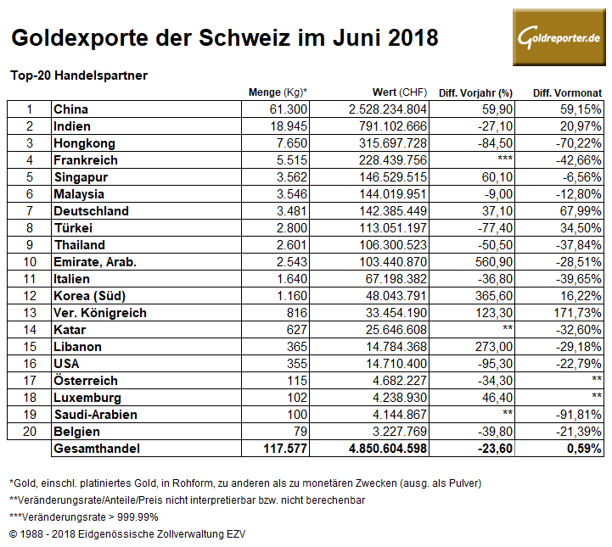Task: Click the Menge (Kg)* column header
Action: tap(278, 92)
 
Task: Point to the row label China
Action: tap(70, 109)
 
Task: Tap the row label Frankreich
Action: tap(85, 160)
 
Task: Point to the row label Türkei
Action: tap(72, 228)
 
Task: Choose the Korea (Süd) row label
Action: tap(91, 296)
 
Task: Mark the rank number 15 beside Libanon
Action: tap(29, 347)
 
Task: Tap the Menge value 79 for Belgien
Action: tap(299, 432)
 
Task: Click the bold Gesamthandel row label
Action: tap(96, 449)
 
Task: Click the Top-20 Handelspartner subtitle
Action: tap(79, 75)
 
